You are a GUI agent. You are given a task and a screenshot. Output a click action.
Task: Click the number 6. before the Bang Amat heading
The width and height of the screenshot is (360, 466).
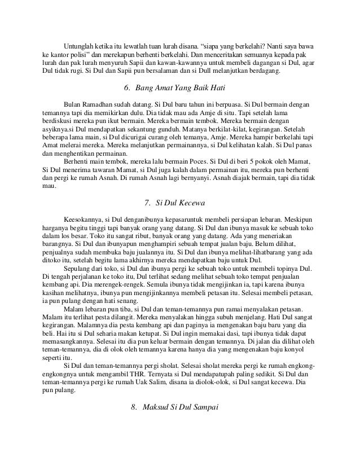125,88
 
